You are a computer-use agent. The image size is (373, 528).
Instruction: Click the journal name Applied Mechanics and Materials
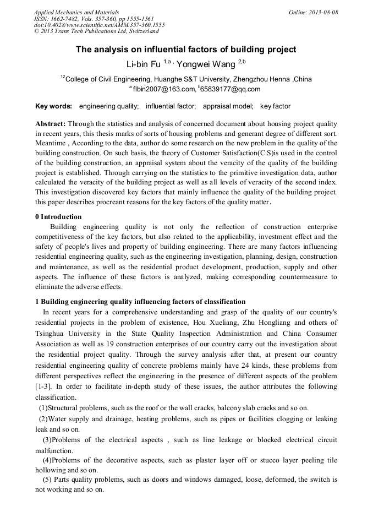tap(76, 12)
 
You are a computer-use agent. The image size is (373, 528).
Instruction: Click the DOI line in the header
tap(99, 25)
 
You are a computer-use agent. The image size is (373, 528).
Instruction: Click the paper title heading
tap(186, 50)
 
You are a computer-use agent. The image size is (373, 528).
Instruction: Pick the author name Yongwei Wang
tap(206, 64)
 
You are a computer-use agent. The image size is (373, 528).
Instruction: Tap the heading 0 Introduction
tap(58, 217)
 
